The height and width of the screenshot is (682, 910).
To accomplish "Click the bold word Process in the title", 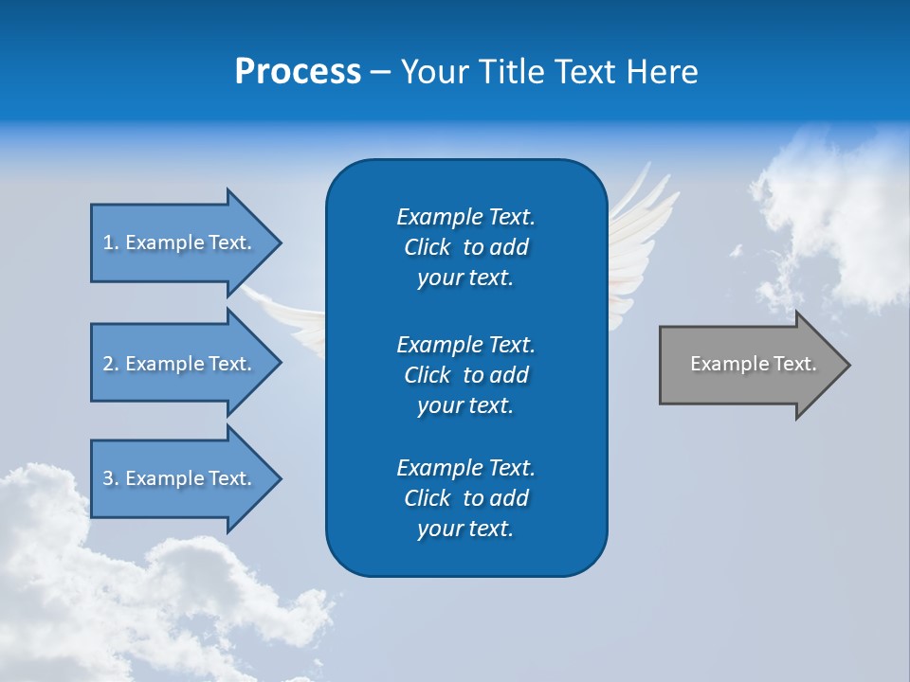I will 298,72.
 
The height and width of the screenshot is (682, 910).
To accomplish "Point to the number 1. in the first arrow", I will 111,242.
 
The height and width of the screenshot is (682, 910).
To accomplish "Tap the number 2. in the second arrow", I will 111,364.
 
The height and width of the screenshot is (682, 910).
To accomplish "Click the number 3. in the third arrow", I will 111,478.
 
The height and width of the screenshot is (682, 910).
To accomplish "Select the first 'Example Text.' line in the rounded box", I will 465,217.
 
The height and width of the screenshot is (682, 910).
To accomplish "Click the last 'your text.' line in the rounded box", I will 465,529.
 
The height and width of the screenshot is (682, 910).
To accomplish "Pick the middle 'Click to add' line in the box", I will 465,375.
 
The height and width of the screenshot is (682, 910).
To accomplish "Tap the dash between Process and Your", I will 380,72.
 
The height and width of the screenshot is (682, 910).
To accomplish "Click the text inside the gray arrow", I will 753,364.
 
